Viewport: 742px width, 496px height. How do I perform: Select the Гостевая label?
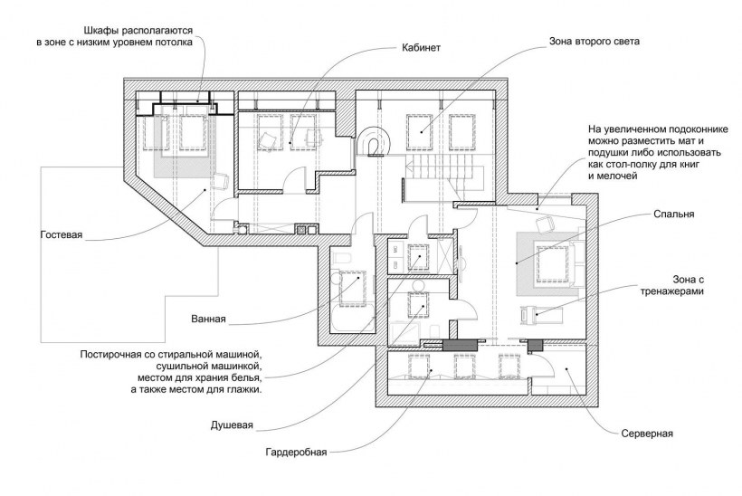62,235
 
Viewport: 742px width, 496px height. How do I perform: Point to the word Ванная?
208,319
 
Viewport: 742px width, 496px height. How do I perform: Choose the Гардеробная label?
296,451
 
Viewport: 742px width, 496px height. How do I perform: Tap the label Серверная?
646,434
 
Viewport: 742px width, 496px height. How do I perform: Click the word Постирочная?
111,353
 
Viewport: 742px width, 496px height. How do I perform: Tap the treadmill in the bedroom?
542,314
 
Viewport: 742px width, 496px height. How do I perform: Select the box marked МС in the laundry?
395,247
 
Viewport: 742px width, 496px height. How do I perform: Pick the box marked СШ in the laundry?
395,263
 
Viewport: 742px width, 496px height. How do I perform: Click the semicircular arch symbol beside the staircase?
374,142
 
